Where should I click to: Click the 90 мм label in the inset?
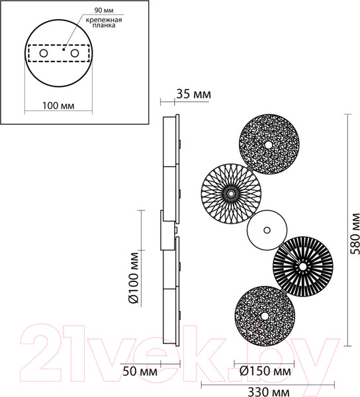[x=104, y=11]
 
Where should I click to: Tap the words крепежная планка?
[x=104, y=22]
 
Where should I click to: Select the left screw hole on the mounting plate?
[x=43, y=54]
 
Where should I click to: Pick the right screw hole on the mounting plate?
[x=75, y=54]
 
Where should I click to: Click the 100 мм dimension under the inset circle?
[x=58, y=106]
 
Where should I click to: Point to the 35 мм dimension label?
[x=193, y=94]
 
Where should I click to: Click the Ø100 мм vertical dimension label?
[x=134, y=278]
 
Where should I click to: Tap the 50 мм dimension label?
[x=140, y=371]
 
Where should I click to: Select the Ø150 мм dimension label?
[x=265, y=371]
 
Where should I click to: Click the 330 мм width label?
[x=268, y=392]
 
